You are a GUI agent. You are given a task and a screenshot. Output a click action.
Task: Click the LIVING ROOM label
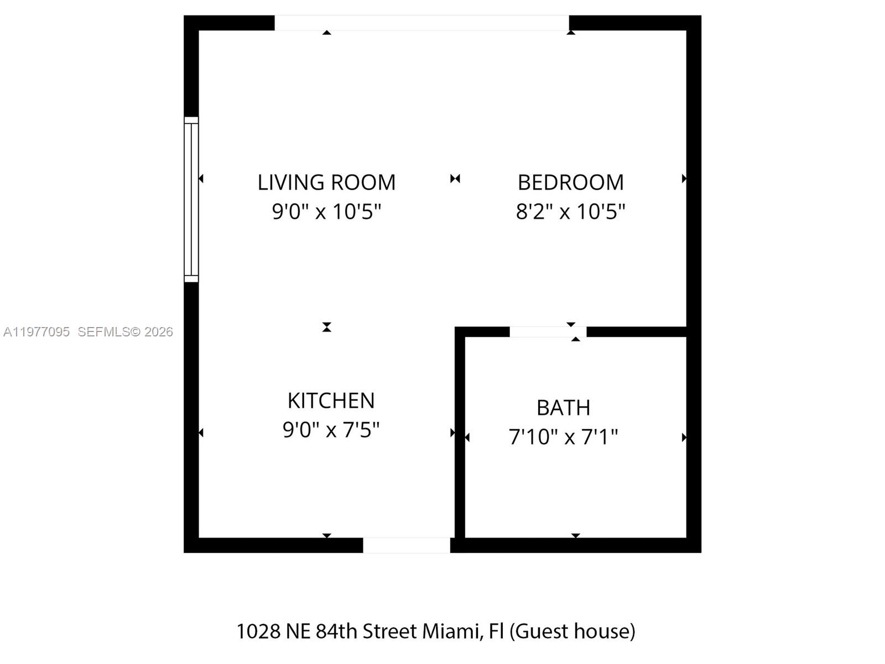click(x=326, y=183)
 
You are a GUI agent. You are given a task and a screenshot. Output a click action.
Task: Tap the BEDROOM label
click(x=570, y=183)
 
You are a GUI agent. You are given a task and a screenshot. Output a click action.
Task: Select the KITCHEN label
click(x=331, y=401)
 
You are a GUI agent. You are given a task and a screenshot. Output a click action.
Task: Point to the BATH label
click(x=563, y=408)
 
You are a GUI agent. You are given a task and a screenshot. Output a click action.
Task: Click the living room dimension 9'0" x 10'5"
click(x=326, y=211)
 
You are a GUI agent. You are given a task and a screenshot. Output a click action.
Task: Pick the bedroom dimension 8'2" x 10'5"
click(x=570, y=211)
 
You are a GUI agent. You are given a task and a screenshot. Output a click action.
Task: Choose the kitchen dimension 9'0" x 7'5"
click(x=331, y=429)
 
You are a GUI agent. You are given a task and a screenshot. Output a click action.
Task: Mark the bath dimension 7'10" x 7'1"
click(x=563, y=437)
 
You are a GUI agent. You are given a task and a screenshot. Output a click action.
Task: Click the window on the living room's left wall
click(x=191, y=199)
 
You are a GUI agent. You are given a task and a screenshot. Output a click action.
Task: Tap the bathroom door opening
click(x=547, y=331)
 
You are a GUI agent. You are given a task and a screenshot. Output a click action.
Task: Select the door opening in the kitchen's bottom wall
click(x=407, y=545)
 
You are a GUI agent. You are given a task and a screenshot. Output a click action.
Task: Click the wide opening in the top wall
click(x=421, y=23)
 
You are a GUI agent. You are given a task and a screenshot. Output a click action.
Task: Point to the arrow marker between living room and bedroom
click(x=455, y=178)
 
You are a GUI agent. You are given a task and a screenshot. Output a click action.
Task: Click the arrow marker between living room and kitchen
click(x=327, y=327)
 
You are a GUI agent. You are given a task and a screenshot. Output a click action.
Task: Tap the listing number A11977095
click(x=37, y=332)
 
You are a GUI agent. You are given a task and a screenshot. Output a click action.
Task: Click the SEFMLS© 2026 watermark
click(x=125, y=332)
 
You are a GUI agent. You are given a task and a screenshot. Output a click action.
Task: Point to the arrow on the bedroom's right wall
click(x=684, y=178)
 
